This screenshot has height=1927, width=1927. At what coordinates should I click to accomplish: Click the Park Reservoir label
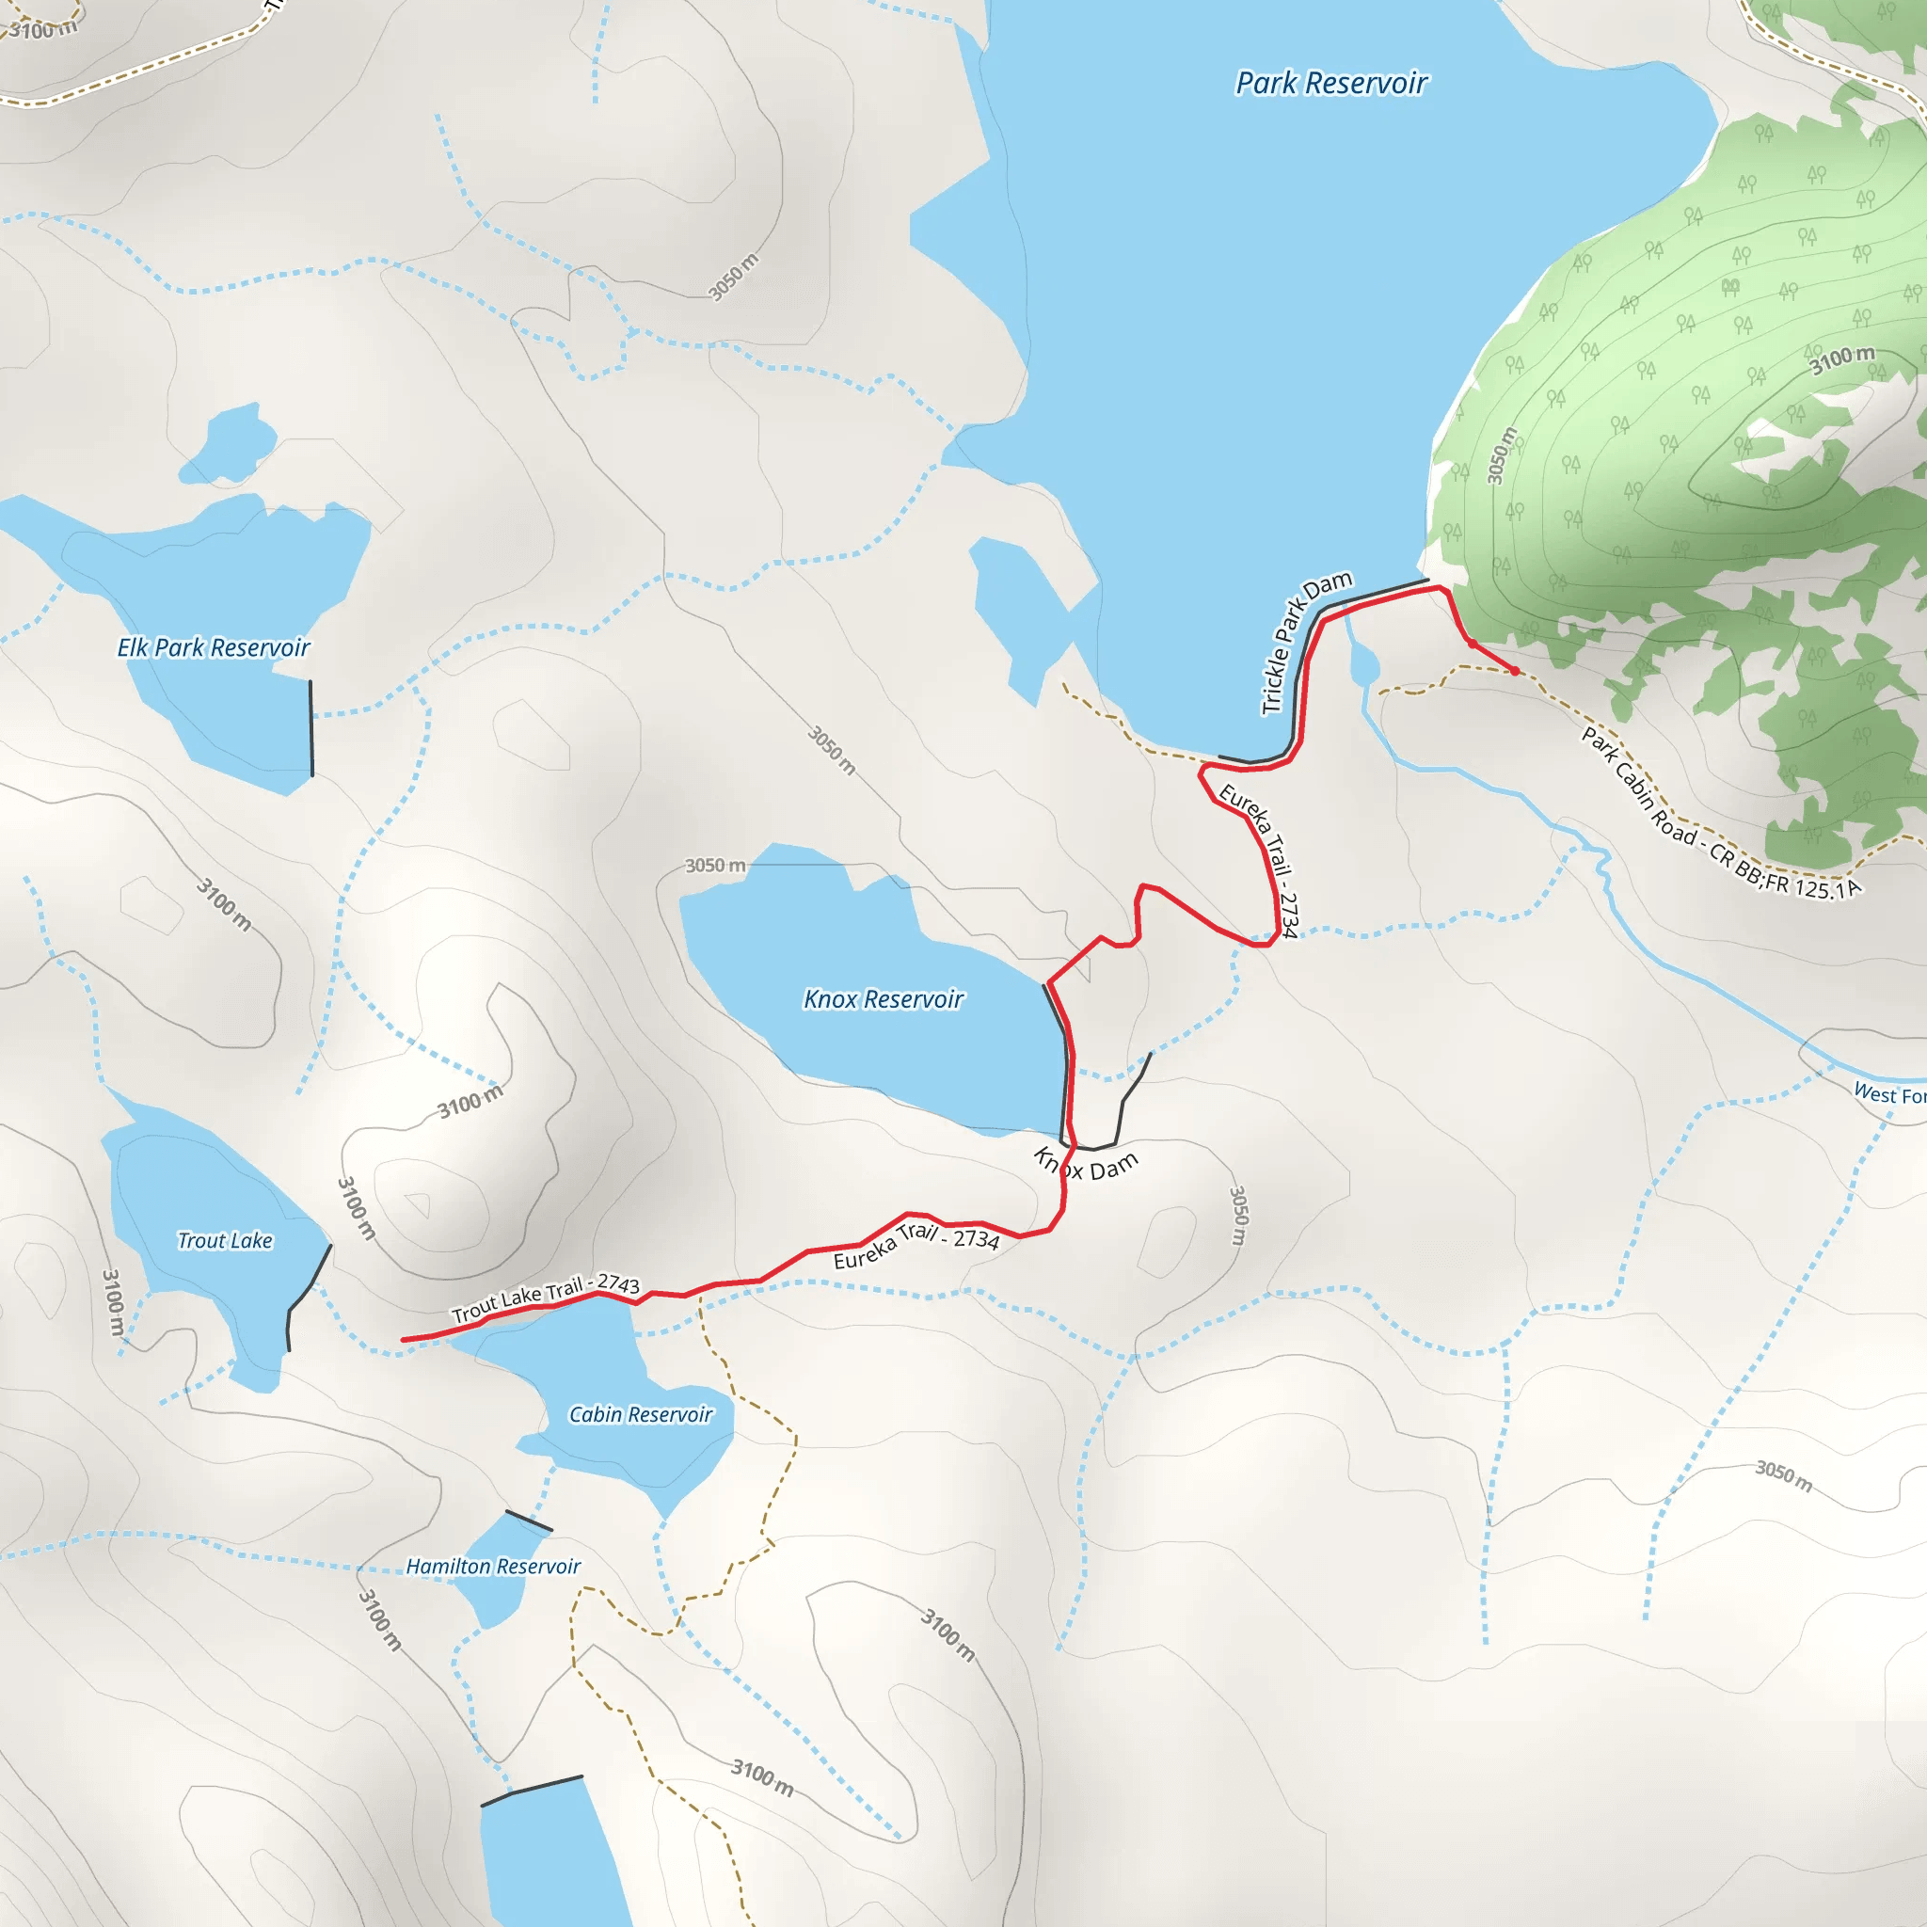pyautogui.click(x=1330, y=84)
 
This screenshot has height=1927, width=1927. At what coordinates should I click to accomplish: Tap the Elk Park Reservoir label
pyautogui.click(x=214, y=648)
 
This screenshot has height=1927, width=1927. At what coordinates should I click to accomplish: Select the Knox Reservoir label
pyautogui.click(x=884, y=999)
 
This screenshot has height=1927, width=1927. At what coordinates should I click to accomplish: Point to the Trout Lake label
pyautogui.click(x=225, y=1241)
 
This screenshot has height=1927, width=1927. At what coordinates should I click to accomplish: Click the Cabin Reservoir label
pyautogui.click(x=641, y=1414)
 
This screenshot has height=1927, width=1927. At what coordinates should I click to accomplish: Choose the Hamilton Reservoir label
pyautogui.click(x=493, y=1567)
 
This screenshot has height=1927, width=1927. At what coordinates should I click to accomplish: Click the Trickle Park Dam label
pyautogui.click(x=1305, y=643)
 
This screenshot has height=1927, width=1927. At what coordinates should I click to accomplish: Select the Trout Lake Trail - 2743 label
pyautogui.click(x=545, y=1298)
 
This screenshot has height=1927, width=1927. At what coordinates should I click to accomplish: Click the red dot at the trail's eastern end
pyautogui.click(x=1514, y=671)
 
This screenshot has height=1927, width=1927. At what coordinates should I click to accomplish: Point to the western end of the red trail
pyautogui.click(x=404, y=1340)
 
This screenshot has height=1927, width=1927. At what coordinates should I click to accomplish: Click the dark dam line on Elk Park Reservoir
pyautogui.click(x=311, y=728)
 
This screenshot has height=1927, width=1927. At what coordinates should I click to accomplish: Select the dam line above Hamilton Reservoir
pyautogui.click(x=528, y=1521)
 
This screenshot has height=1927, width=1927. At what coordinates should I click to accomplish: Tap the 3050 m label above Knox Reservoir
pyautogui.click(x=714, y=866)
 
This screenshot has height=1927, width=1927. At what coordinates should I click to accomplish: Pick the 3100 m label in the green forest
pyautogui.click(x=1841, y=359)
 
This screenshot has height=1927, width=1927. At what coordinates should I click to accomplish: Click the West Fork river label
pyautogui.click(x=1888, y=1094)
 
